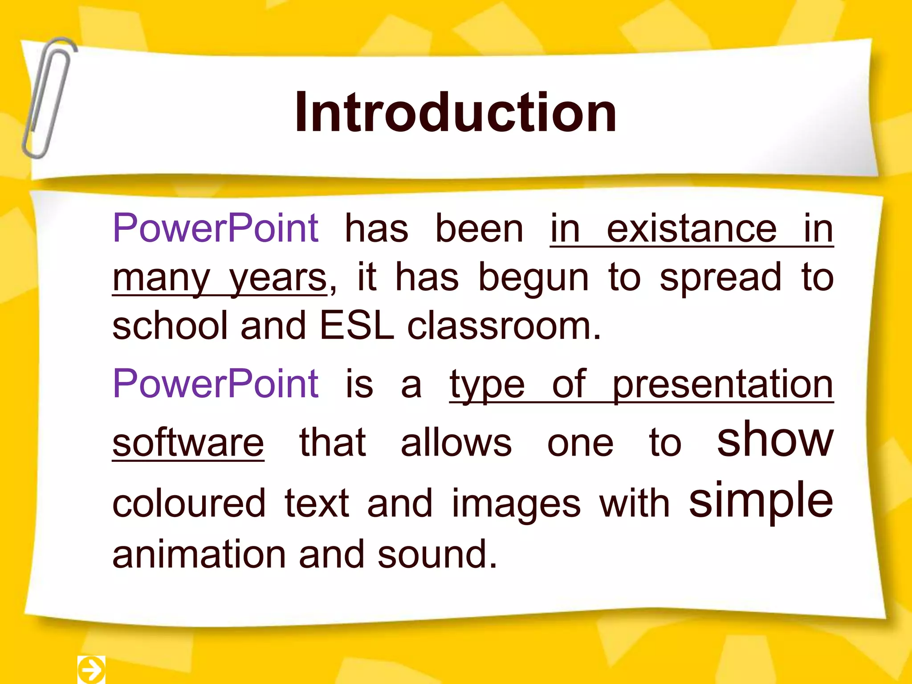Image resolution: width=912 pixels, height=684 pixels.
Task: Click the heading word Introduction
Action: [456, 112]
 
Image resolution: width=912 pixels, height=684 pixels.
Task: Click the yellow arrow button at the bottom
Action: [91, 669]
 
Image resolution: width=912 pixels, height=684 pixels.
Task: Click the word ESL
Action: [357, 326]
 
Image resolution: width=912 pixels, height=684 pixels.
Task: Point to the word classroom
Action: [504, 326]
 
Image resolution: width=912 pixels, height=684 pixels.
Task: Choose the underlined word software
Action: [188, 443]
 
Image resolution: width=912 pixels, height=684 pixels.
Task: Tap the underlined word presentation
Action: [722, 384]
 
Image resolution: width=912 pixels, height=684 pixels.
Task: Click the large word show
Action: [775, 440]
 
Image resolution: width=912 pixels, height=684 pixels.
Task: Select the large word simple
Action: [761, 501]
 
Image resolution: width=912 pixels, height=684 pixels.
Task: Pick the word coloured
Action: [189, 504]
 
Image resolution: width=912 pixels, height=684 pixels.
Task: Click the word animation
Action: [199, 554]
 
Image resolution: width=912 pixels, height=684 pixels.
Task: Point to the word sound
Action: [437, 554]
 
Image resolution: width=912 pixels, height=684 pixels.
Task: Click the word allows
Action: [456, 443]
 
